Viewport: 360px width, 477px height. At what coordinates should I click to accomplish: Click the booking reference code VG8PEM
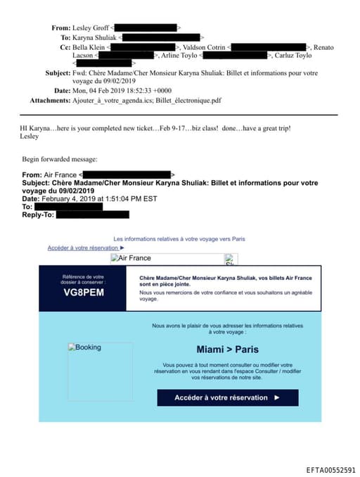(x=84, y=293)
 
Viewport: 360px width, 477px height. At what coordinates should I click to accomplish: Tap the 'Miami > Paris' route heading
(x=227, y=350)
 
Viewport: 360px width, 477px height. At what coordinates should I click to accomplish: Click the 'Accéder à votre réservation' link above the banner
(x=86, y=248)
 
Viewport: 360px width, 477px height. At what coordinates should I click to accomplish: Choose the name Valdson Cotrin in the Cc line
(x=206, y=46)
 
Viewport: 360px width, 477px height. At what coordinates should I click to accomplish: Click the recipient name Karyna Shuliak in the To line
(x=94, y=37)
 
